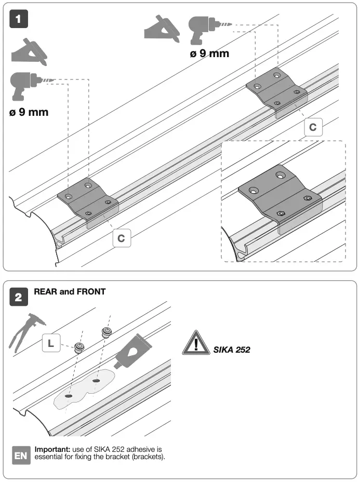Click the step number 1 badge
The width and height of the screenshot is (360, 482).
(19, 19)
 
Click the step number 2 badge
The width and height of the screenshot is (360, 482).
(19, 298)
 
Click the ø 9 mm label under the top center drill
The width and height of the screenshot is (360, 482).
(209, 53)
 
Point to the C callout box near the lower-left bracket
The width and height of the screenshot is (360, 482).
(121, 238)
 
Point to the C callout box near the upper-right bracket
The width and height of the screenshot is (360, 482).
(312, 126)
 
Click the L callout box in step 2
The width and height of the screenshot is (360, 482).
(50, 343)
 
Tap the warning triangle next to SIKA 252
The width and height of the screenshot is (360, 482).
(196, 343)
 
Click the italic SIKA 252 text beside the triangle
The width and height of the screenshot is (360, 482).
(232, 350)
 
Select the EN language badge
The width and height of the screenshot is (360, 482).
(21, 456)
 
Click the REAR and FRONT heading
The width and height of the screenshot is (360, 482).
(70, 292)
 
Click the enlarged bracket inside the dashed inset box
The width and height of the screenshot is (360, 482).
(278, 197)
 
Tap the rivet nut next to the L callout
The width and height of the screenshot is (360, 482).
(79, 348)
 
